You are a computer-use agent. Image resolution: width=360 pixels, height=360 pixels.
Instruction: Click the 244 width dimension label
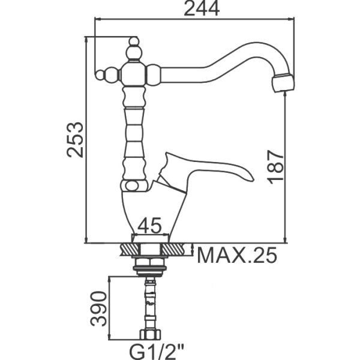coord(202,9)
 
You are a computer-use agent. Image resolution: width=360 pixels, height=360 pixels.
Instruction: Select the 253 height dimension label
coord(75,140)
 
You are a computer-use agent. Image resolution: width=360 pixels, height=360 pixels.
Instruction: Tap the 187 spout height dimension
coord(276,167)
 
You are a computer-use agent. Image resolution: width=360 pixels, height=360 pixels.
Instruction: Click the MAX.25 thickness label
coord(237,255)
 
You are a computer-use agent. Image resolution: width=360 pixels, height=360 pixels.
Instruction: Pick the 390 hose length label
coord(99,308)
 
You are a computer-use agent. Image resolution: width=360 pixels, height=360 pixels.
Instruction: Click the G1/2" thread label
coord(157,352)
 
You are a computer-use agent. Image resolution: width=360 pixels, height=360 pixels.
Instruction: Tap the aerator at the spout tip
coord(283,83)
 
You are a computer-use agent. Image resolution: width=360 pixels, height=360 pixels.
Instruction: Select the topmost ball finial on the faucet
coord(134,42)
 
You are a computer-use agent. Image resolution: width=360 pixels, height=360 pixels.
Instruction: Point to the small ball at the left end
coord(100,74)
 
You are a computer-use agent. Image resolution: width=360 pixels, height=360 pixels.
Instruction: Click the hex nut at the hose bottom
coord(151,334)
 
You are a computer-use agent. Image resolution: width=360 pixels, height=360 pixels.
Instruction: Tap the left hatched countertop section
coord(130,250)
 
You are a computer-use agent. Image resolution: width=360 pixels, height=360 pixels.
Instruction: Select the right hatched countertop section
coord(173,250)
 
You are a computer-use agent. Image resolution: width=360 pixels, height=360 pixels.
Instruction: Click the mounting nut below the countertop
coord(151,266)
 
